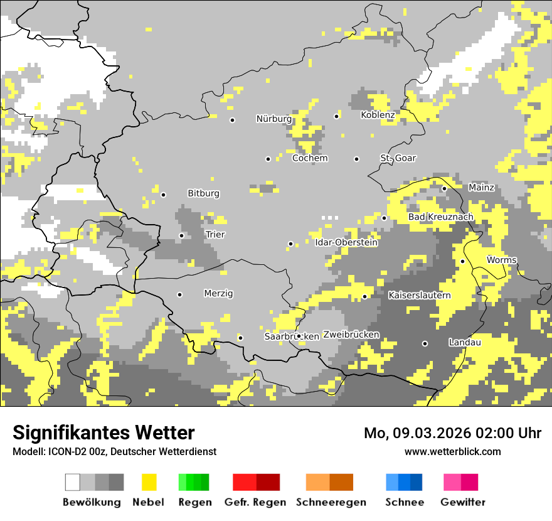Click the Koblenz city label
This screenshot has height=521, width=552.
coord(378,115)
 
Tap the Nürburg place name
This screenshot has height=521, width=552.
coord(273,119)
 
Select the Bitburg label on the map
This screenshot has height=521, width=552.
coord(204,193)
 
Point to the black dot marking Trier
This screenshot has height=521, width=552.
coord(181,236)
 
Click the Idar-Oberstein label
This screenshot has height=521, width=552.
coord(346,242)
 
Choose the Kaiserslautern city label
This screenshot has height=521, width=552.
coord(420,295)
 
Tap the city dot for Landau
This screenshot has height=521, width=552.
coord(425,343)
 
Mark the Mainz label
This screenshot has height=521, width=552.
coord(481,187)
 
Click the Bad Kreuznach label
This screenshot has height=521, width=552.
coord(440,217)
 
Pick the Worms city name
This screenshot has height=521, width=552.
coord(502,260)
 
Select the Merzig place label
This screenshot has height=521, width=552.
coord(218,293)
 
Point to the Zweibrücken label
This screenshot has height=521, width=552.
coord(351,335)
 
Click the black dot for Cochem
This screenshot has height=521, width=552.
coord(268,159)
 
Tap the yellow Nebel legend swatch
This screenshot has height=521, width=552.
coord(149,482)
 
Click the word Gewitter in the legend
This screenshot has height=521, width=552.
coord(462,502)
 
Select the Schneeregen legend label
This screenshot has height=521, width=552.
coord(331,502)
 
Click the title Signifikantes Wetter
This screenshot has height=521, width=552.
coord(103,432)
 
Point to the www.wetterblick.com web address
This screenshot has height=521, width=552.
coord(452,451)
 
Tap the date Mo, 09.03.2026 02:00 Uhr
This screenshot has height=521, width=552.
coord(452,433)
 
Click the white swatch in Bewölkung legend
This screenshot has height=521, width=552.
coord(73,482)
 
